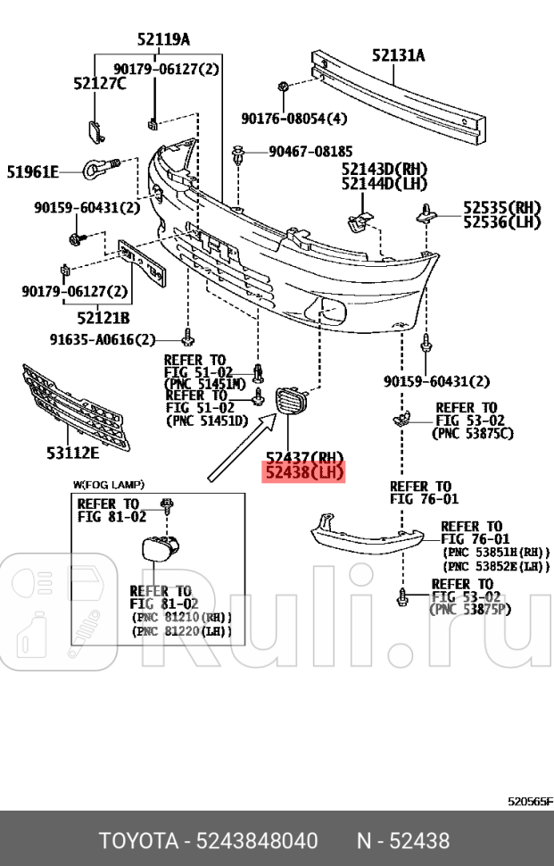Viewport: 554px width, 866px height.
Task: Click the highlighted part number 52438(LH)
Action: point(302,472)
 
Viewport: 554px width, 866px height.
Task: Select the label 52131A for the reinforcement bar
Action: point(398,55)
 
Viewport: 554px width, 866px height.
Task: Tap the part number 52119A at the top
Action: point(163,38)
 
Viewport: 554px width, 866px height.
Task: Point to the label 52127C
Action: point(99,83)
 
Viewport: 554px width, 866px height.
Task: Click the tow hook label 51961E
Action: point(33,171)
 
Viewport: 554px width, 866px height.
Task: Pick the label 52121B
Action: point(103,317)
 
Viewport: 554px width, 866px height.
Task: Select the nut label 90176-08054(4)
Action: point(294,118)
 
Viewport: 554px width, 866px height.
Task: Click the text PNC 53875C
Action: point(472,433)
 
